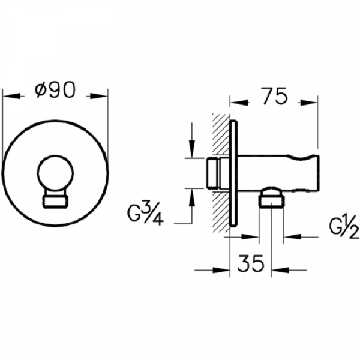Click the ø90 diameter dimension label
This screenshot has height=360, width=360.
[55, 89]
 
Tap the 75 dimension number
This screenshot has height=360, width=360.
[275, 95]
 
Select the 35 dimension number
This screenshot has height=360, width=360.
[251, 263]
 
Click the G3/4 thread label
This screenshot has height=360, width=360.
[145, 214]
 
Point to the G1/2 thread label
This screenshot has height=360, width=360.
[344, 227]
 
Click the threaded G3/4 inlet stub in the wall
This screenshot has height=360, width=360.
[214, 173]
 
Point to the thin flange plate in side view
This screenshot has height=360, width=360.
[234, 173]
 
